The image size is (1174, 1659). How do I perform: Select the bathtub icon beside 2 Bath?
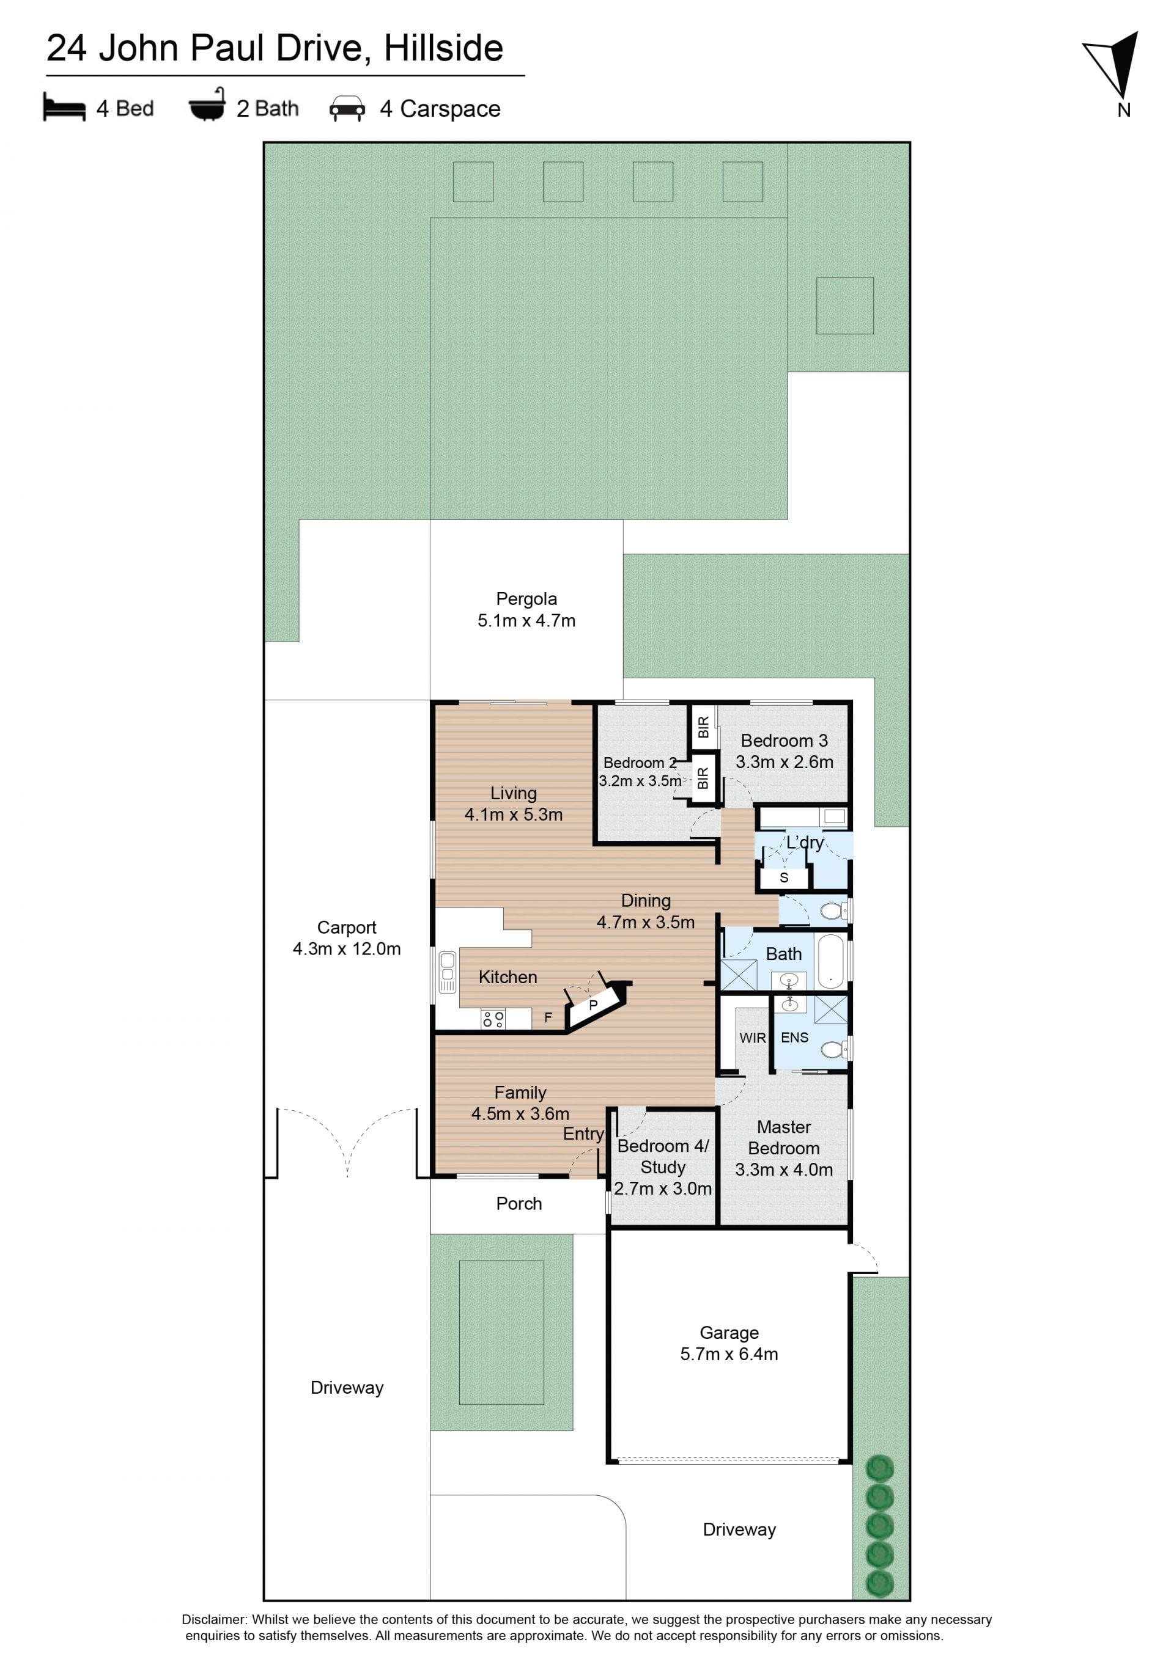click(207, 106)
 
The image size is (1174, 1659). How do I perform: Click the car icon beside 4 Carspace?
click(347, 108)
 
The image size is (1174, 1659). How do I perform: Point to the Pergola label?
click(526, 599)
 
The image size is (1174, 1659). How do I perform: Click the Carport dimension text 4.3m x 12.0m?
click(346, 949)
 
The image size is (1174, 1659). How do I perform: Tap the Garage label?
click(729, 1333)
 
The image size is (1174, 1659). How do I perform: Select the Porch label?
click(519, 1204)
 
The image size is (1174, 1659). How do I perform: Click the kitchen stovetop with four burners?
click(493, 1019)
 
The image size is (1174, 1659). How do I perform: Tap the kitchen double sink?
click(448, 972)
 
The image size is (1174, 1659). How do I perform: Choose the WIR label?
click(752, 1038)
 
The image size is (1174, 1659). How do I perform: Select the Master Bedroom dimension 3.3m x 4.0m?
click(784, 1170)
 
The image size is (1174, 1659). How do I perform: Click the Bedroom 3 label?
click(784, 741)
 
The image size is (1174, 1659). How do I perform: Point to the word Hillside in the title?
click(443, 48)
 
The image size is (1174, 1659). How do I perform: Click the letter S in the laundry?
click(784, 878)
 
